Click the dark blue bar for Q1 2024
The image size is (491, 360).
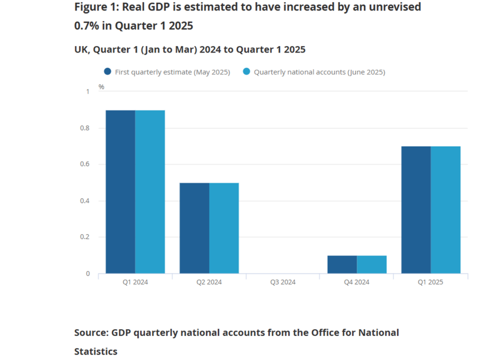pyautogui.click(x=120, y=192)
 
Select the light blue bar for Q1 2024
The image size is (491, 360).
pyautogui.click(x=150, y=192)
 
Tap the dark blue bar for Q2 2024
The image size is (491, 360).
pyautogui.click(x=194, y=228)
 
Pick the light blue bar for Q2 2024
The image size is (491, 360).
pyautogui.click(x=224, y=228)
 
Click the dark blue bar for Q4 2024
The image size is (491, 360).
pyautogui.click(x=342, y=264)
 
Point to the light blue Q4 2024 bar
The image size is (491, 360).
pyautogui.click(x=372, y=264)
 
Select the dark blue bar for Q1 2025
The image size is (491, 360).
pyautogui.click(x=416, y=210)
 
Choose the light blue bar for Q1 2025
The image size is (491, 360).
pyautogui.click(x=445, y=210)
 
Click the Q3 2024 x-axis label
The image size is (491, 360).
pyautogui.click(x=283, y=282)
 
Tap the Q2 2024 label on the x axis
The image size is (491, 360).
pyautogui.click(x=209, y=282)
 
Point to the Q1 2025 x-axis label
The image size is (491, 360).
pyautogui.click(x=430, y=282)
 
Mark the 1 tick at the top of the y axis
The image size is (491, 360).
pyautogui.click(x=88, y=92)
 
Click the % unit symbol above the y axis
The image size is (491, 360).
pyautogui.click(x=101, y=87)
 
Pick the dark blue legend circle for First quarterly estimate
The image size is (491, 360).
pyautogui.click(x=108, y=72)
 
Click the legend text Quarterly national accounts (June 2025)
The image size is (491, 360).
pyautogui.click(x=319, y=72)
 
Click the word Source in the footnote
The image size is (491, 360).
pyautogui.click(x=90, y=332)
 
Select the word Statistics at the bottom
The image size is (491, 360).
pyautogui.click(x=95, y=351)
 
